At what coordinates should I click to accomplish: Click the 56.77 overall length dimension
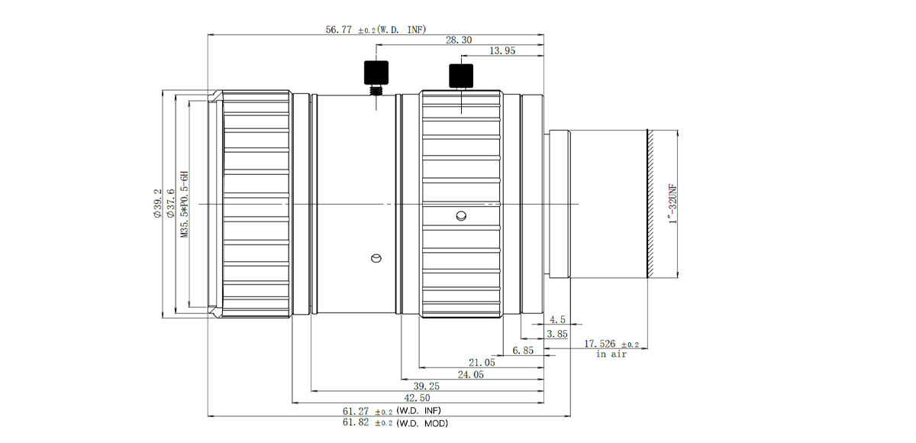tap(376, 30)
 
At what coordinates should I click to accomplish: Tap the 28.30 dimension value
tap(459, 40)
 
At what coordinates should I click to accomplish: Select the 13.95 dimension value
tap(502, 50)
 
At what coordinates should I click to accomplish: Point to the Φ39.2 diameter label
tap(157, 203)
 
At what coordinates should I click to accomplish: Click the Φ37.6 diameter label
tap(170, 203)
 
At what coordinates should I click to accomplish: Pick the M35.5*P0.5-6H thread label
tap(185, 204)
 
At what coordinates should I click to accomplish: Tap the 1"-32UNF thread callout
tap(672, 204)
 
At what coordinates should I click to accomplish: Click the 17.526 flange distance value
tap(611, 344)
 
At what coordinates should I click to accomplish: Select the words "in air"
tap(611, 354)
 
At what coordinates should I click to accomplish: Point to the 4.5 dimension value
tap(557, 319)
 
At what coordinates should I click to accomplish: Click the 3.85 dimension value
tap(557, 335)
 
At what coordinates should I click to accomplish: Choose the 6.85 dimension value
tap(523, 351)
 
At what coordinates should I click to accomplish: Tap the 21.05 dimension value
tap(482, 362)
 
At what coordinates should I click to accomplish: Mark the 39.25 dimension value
tap(427, 386)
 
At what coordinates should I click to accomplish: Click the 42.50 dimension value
tap(417, 398)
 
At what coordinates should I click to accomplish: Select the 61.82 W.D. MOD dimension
tap(395, 423)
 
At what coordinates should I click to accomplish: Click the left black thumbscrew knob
tap(376, 73)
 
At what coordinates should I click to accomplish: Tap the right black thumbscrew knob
tap(461, 76)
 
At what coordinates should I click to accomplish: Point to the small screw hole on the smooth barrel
tap(376, 258)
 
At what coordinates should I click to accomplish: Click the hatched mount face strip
tap(650, 204)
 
